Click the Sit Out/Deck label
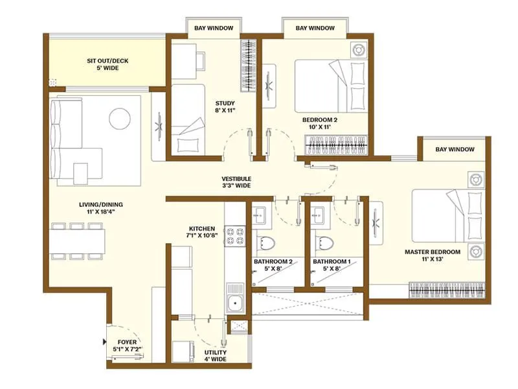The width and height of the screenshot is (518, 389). point(107,64)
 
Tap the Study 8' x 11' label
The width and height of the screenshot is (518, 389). point(225,107)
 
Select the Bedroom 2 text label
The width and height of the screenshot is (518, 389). point(320,124)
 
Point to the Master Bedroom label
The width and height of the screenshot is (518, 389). point(432,255)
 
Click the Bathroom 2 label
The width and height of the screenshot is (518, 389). point(273,266)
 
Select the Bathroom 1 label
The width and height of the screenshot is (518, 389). point(332,266)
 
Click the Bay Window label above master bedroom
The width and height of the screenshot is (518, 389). point(455,149)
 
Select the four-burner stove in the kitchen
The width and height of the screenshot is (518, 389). point(233,235)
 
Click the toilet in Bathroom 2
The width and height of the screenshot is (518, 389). point(265,243)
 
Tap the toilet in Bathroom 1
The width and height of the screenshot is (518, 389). point(324,243)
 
